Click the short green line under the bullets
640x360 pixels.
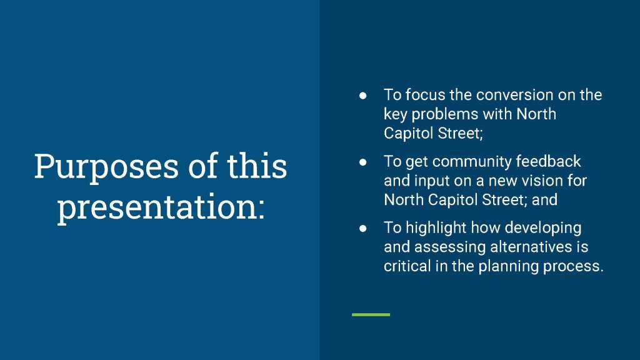coord(371,315)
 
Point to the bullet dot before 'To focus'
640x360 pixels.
coord(362,96)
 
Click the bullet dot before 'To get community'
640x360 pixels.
coord(362,162)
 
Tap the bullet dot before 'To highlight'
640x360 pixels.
coord(362,229)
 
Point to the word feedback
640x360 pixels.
coord(548,161)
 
